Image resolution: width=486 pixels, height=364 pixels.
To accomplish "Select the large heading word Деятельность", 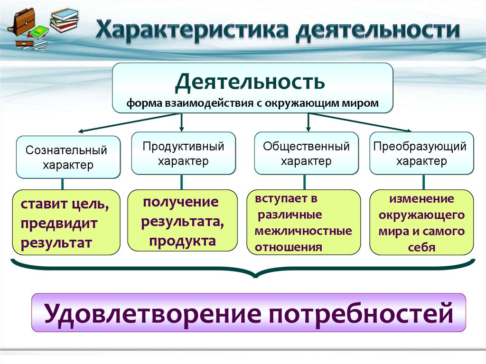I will click(250, 81).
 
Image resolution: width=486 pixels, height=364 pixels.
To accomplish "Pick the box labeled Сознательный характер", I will click(68, 158).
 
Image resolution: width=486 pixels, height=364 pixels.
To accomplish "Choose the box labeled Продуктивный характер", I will click(183, 153).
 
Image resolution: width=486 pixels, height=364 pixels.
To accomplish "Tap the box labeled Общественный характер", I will click(306, 153).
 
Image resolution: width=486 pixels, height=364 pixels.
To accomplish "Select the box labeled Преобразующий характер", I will click(421, 153).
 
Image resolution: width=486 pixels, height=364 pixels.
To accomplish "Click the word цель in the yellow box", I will click(89, 205).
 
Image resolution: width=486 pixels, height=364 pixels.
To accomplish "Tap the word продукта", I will click(182, 241).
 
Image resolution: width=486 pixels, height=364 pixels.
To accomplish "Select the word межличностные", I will click(303, 231).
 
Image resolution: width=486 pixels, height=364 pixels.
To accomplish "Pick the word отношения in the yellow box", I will click(289, 247).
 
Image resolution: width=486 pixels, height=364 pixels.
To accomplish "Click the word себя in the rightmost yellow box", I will click(421, 247).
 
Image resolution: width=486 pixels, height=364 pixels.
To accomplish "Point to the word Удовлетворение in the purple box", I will click(151, 313).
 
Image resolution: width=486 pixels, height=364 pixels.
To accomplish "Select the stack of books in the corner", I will click(65, 19).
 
